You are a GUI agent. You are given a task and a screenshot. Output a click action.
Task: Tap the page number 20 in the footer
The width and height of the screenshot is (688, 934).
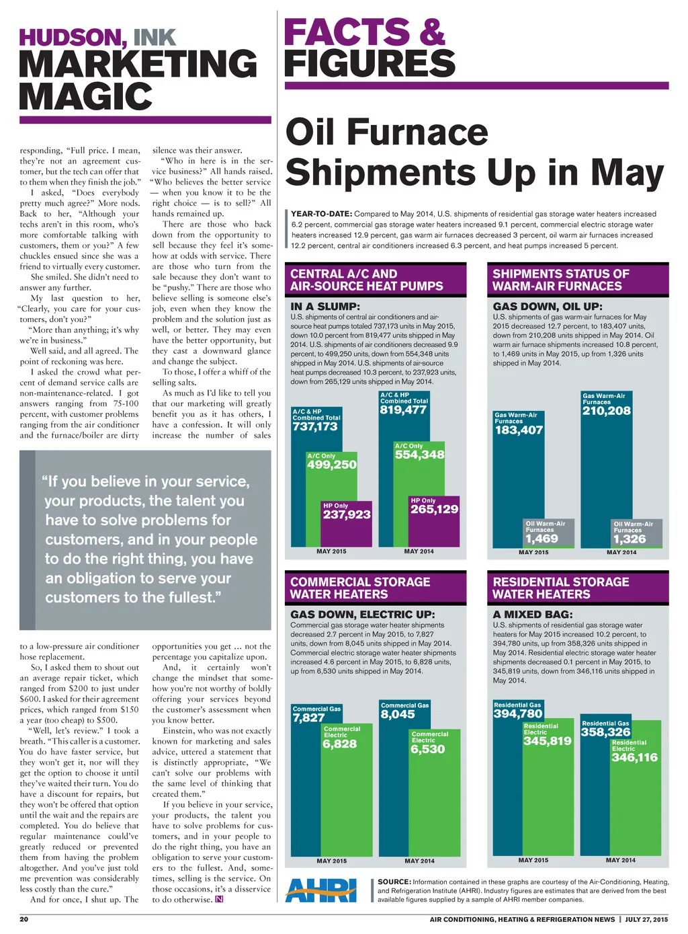point(24,919)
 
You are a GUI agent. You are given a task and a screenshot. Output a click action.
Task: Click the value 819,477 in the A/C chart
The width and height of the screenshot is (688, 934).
point(403,410)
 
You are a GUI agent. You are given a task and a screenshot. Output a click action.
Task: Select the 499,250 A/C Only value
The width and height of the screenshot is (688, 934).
point(332,465)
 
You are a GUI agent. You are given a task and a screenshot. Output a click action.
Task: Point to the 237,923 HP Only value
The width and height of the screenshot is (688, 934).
point(347,514)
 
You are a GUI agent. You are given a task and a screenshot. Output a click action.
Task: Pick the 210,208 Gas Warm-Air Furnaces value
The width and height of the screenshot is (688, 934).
point(607,411)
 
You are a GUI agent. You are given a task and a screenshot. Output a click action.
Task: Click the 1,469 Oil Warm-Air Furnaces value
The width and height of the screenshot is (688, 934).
point(542,539)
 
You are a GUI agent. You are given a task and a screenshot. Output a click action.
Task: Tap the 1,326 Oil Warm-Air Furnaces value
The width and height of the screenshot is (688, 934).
point(630,539)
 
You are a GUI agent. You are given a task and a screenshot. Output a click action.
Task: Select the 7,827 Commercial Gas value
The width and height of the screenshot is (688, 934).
point(309,718)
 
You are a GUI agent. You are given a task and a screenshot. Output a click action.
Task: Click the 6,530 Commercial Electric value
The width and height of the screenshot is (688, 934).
point(428,749)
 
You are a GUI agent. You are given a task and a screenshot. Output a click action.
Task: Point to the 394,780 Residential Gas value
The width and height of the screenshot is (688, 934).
point(518,714)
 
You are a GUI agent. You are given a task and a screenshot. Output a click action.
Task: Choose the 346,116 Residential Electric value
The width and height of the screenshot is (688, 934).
point(635,758)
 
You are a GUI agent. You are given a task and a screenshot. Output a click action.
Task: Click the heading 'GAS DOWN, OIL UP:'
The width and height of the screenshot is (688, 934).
point(548,307)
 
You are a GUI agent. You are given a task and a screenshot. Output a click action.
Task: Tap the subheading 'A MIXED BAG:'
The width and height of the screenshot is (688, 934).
point(533,615)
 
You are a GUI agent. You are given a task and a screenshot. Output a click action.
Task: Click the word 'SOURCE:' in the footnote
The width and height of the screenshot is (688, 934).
point(394,882)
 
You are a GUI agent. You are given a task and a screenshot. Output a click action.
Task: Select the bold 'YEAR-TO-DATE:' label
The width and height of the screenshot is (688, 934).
point(322,214)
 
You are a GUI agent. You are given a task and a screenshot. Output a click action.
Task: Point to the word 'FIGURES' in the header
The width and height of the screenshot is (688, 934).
point(370,63)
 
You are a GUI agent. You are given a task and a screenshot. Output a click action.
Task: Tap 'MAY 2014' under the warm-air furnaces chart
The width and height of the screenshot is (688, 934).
point(621,553)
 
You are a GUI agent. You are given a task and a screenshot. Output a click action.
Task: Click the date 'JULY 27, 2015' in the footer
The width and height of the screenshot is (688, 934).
point(646,919)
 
